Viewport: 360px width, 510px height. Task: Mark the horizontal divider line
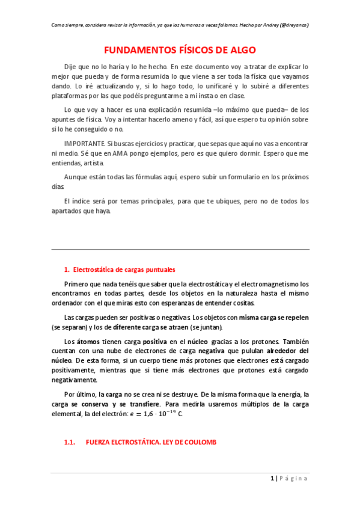180,249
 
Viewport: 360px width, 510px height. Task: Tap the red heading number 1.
66,269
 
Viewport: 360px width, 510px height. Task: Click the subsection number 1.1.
69,442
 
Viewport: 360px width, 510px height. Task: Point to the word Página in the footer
294,478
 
